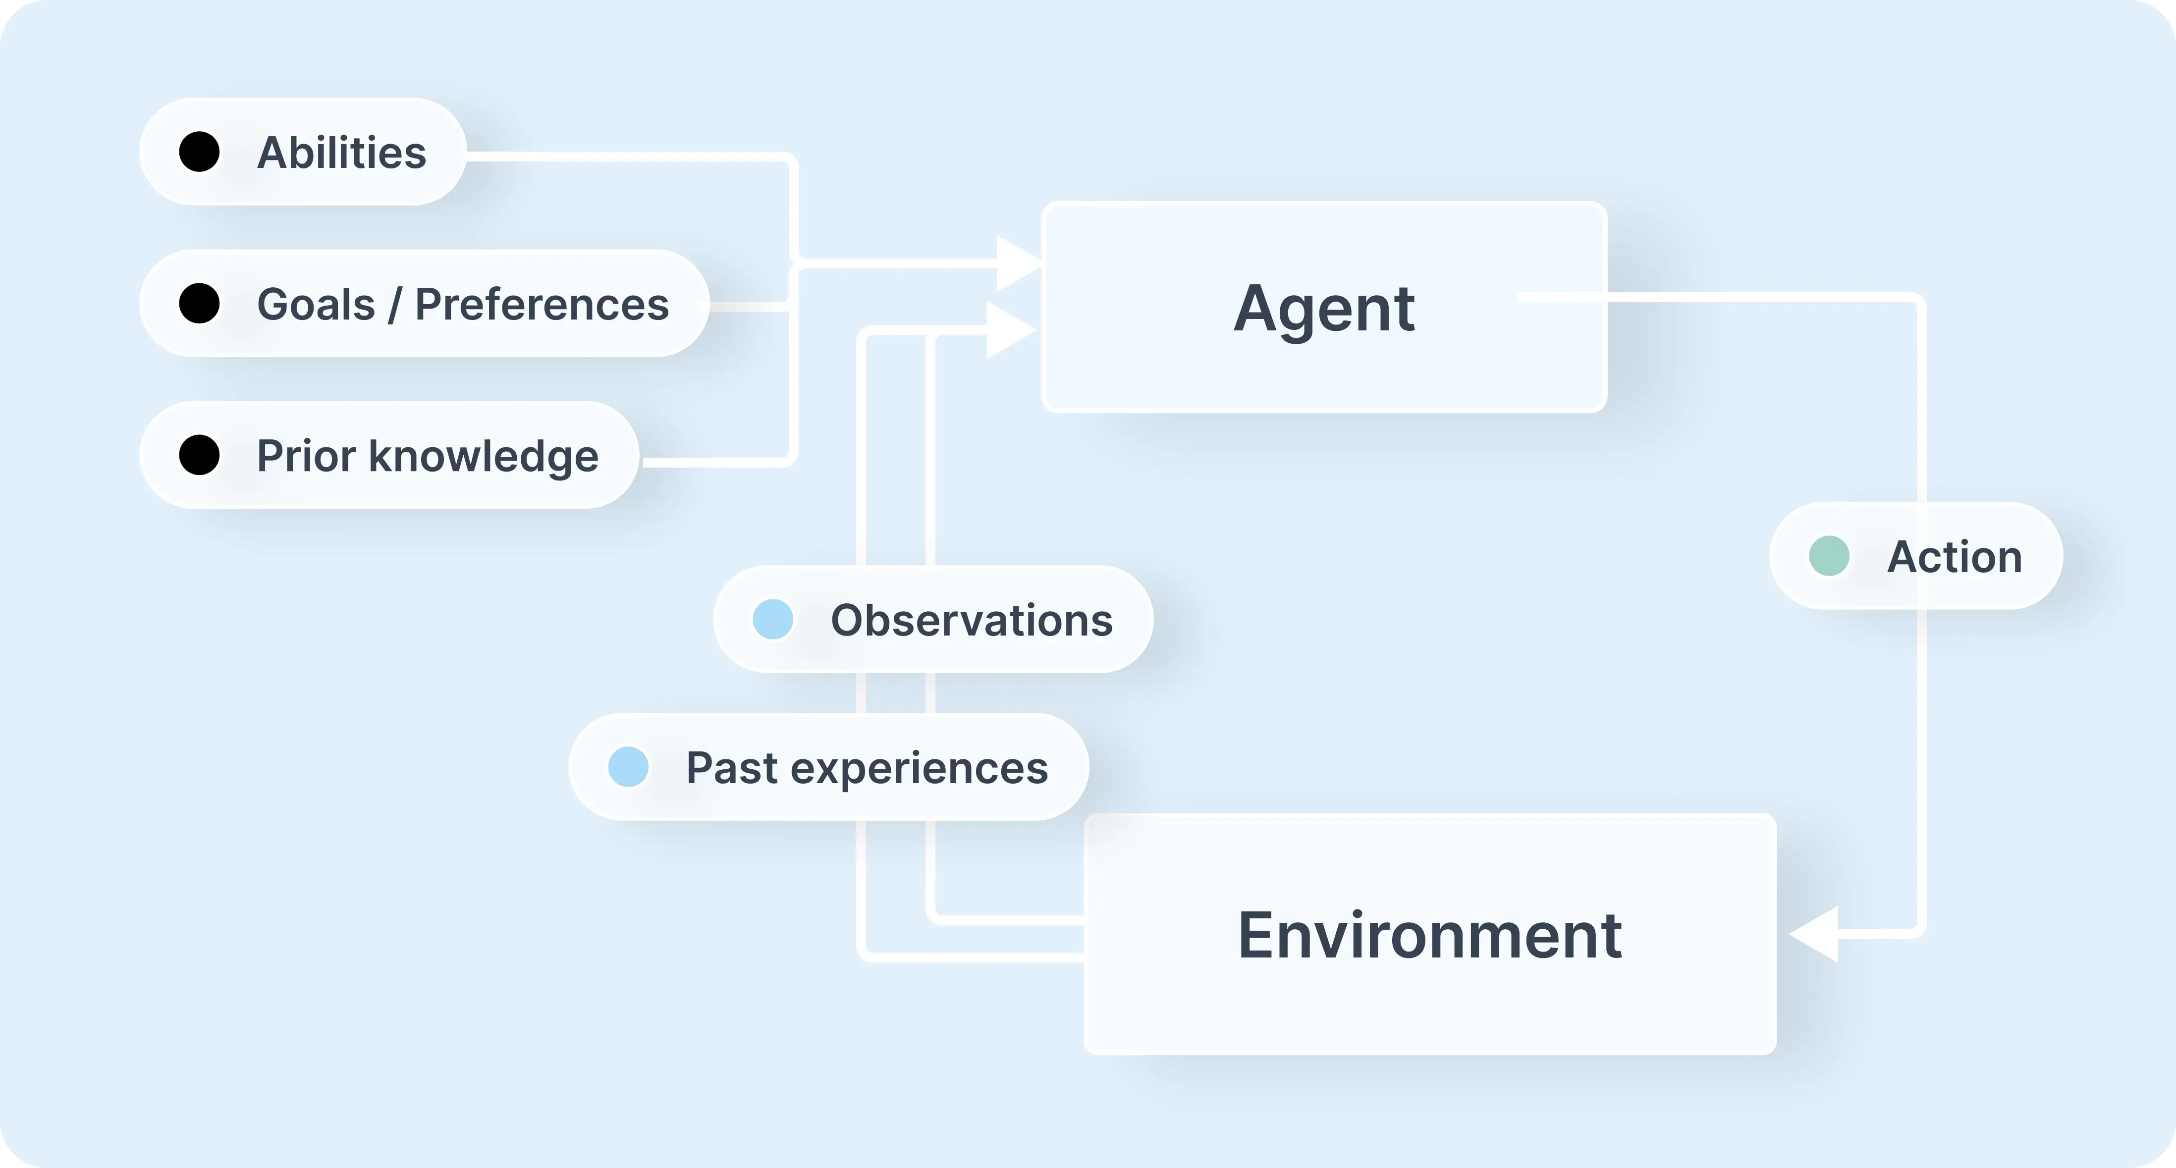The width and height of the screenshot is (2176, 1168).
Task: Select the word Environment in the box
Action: coord(1429,936)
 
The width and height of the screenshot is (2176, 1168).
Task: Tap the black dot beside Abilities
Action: coord(199,152)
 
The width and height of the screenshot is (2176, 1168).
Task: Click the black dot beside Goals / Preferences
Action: coord(199,303)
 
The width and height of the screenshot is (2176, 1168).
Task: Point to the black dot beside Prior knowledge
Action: coord(199,455)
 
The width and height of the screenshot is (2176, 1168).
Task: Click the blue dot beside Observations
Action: coord(773,619)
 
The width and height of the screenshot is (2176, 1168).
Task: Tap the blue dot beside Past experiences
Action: coord(628,767)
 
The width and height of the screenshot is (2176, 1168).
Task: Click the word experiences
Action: coord(919,769)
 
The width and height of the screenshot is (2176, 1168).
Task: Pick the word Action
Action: coord(1955,557)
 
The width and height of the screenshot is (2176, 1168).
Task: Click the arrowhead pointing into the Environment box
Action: coord(1814,934)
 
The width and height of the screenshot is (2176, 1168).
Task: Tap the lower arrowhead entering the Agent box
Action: coord(1009,329)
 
